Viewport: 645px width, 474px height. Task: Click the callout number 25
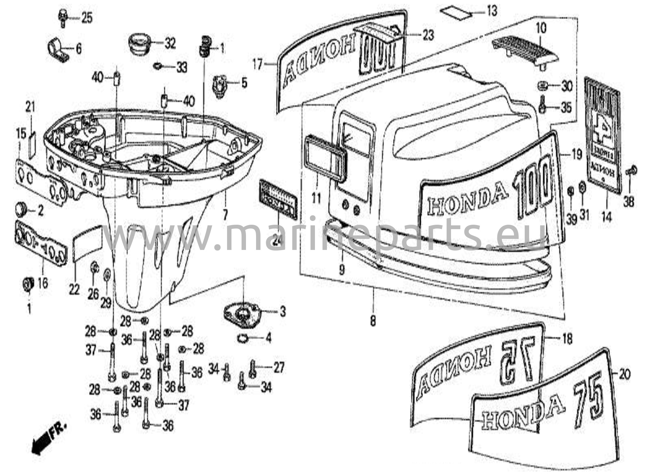coord(87,18)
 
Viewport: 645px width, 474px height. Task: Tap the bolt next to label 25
coord(62,17)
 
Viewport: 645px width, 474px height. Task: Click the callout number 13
coord(491,11)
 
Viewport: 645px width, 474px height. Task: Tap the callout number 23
coord(428,35)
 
